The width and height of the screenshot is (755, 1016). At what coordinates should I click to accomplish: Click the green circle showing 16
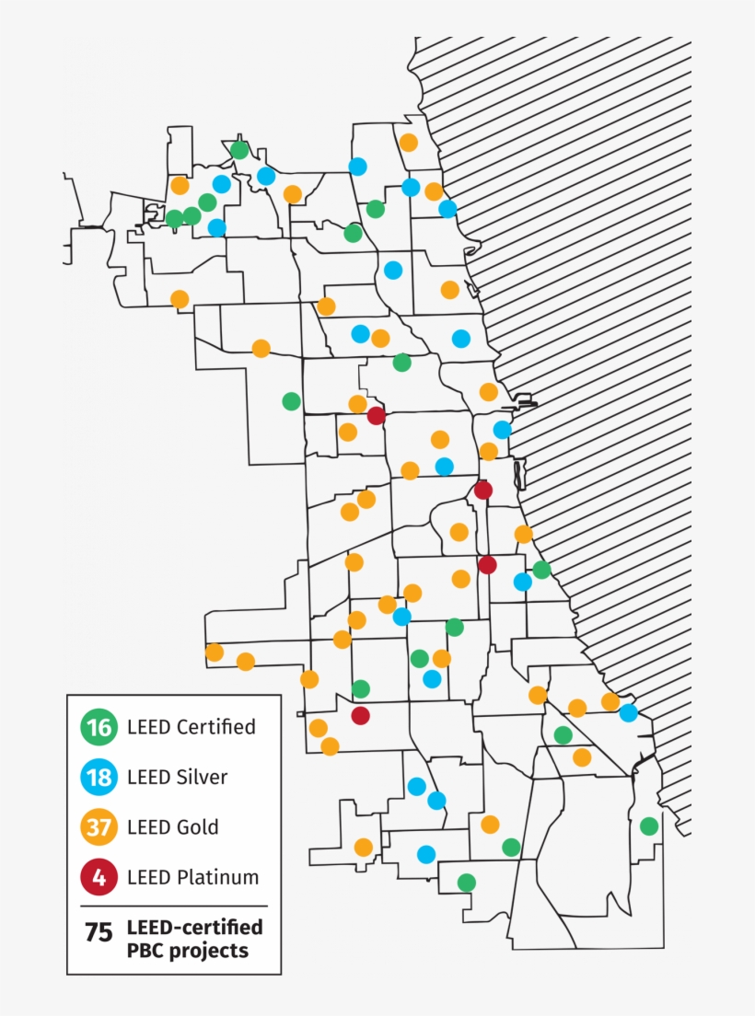tap(98, 728)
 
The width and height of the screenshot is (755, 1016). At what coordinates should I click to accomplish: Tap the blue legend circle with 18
tap(98, 778)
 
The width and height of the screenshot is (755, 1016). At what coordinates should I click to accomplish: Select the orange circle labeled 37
tap(98, 827)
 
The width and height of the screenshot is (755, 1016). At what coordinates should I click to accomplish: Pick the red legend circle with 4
tap(98, 877)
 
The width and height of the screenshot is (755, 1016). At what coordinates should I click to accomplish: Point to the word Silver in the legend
tap(200, 777)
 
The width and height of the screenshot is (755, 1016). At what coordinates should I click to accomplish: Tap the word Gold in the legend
tap(197, 826)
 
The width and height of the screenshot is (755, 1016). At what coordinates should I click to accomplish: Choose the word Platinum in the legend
tap(217, 877)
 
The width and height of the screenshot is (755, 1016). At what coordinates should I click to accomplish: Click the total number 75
tap(98, 933)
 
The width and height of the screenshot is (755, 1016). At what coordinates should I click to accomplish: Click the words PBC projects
tap(187, 950)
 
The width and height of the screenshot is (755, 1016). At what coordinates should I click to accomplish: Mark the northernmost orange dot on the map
tap(408, 143)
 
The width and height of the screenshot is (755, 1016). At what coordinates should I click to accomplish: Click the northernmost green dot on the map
tap(239, 149)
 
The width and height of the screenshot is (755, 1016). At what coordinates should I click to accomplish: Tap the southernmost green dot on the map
tap(467, 883)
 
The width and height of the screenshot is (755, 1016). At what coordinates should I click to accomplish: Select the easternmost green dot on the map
tap(649, 826)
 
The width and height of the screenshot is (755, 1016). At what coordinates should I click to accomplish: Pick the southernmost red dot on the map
tap(361, 715)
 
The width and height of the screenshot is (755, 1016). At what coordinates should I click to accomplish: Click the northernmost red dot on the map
tap(376, 416)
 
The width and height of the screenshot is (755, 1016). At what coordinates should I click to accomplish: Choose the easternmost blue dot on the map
tap(628, 712)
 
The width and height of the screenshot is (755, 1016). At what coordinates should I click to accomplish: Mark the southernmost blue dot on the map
tap(425, 854)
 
